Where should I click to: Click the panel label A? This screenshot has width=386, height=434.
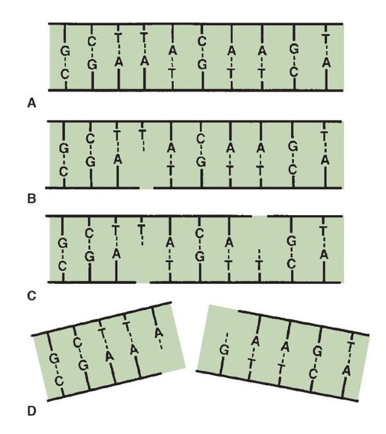pyautogui.click(x=32, y=104)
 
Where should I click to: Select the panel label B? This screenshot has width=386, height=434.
pyautogui.click(x=32, y=199)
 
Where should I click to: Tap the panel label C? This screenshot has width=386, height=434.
pyautogui.click(x=32, y=296)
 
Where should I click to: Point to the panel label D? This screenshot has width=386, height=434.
pyautogui.click(x=32, y=411)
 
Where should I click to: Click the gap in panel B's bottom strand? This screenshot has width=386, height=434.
pyautogui.click(x=146, y=188)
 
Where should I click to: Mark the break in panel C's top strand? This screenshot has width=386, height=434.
pyautogui.click(x=260, y=216)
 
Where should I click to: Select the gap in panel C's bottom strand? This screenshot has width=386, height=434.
pyautogui.click(x=143, y=282)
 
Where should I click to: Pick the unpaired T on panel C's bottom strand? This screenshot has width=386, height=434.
pyautogui.click(x=259, y=265)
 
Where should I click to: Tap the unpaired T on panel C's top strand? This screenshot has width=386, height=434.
pyautogui.click(x=142, y=229)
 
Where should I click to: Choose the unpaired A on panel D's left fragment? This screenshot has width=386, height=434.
pyautogui.click(x=158, y=332)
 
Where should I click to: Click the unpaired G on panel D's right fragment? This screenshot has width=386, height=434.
pyautogui.click(x=225, y=350)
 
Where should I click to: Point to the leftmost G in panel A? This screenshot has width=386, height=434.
pyautogui.click(x=65, y=52)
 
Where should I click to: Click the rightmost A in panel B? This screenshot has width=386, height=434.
pyautogui.click(x=325, y=160)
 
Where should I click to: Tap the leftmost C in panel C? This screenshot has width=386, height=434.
pyautogui.click(x=62, y=267)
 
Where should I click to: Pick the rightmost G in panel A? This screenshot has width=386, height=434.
pyautogui.click(x=294, y=50)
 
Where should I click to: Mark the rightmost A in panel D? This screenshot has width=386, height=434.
pyautogui.click(x=347, y=370)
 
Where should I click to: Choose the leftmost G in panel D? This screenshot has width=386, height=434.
pyautogui.click(x=54, y=359)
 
